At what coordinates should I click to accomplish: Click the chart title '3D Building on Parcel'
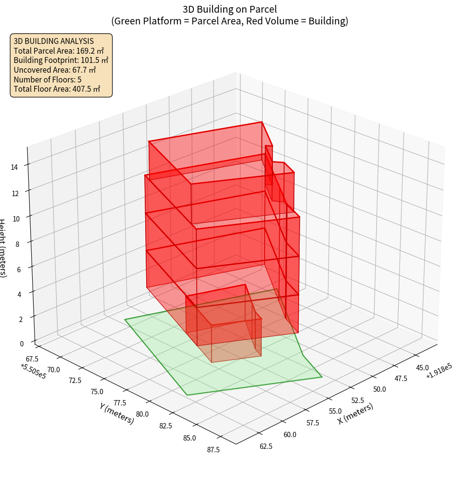click(230, 9)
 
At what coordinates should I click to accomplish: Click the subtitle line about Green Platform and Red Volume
click(230, 21)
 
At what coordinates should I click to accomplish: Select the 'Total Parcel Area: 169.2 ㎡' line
click(58, 50)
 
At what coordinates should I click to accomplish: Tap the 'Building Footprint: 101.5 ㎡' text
click(61, 60)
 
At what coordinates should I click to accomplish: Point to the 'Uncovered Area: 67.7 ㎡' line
click(56, 70)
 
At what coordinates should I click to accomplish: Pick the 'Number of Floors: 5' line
click(47, 79)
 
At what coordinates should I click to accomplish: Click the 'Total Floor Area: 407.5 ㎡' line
click(57, 89)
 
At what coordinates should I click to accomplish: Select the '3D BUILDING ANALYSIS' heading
click(54, 41)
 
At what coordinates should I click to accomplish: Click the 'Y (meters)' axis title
click(116, 413)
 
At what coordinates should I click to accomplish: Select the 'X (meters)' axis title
click(356, 413)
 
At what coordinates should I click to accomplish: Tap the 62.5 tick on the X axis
click(266, 446)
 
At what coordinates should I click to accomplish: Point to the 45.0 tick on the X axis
click(422, 367)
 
